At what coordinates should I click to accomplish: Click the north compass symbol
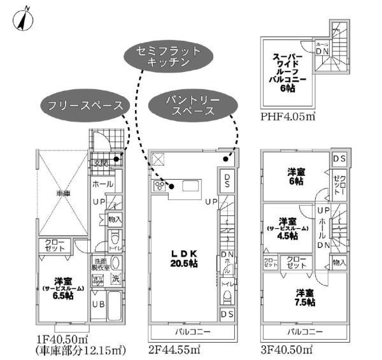point(24,19)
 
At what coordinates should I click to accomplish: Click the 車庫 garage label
point(61,192)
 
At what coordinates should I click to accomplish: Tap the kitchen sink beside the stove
point(190,186)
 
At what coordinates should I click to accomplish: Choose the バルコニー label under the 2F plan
point(189,333)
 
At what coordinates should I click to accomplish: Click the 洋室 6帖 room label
point(295,175)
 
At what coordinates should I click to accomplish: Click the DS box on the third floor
point(339,158)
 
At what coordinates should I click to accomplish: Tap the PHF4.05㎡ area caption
point(288,118)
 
